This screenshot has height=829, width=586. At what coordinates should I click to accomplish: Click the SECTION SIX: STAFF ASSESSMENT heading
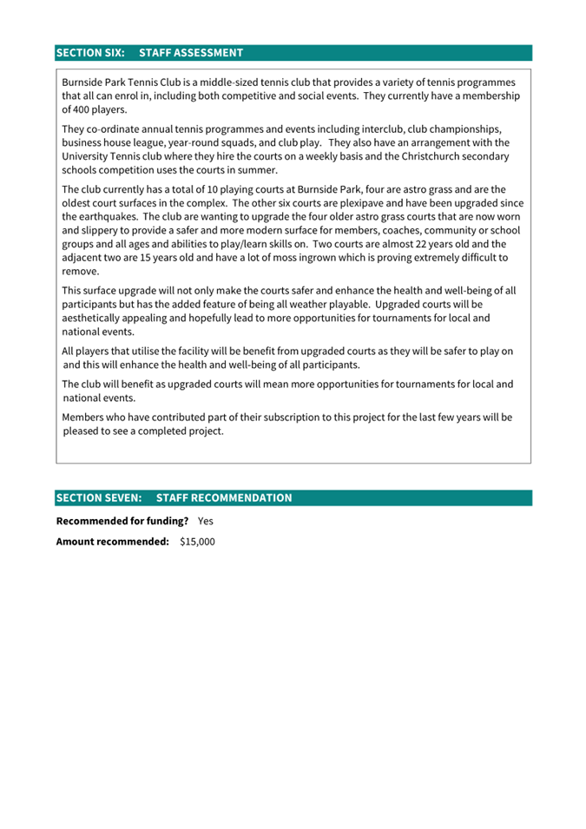149,53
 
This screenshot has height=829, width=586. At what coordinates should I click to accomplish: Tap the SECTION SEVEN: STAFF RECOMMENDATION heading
174,497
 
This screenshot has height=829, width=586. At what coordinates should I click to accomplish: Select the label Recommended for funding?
122,521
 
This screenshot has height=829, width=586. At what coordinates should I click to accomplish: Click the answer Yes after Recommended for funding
205,521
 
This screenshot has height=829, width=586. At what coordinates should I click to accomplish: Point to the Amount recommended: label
112,542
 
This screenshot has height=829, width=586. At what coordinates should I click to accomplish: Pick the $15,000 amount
197,542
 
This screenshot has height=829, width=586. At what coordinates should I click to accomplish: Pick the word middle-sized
227,82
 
